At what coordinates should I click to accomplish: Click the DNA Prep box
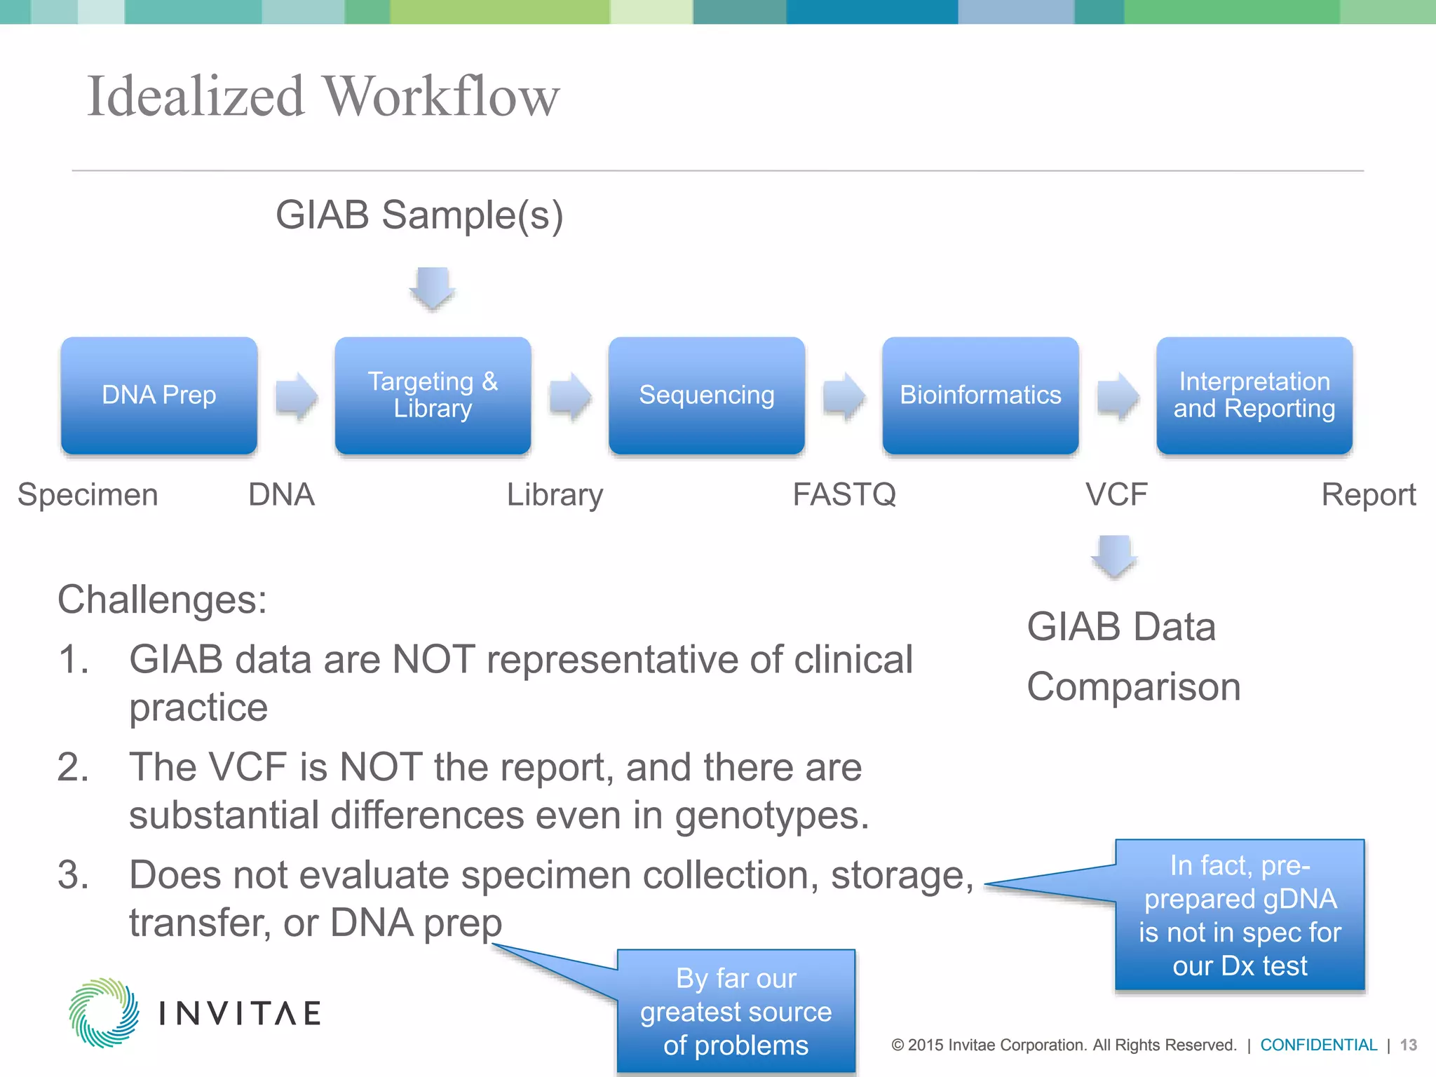click(x=159, y=395)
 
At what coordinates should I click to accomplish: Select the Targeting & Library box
click(x=433, y=395)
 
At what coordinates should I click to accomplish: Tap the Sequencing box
click(x=706, y=395)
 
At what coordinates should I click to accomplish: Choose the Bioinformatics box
click(x=980, y=395)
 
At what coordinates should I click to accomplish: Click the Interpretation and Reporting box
click(x=1254, y=395)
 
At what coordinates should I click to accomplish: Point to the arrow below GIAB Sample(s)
click(x=433, y=288)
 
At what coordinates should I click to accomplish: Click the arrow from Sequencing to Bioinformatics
click(x=844, y=396)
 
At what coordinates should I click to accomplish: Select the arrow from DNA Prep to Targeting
click(x=296, y=396)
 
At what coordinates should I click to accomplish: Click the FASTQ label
click(x=844, y=495)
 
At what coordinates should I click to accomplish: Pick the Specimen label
click(x=88, y=495)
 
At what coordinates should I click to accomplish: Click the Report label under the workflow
click(x=1368, y=495)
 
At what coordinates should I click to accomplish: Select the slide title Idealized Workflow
click(x=323, y=96)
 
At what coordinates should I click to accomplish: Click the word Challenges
click(x=162, y=600)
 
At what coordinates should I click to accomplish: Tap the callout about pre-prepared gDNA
click(x=1239, y=915)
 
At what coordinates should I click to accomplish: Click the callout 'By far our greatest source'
click(x=736, y=1011)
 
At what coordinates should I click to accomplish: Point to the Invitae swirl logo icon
click(x=104, y=1012)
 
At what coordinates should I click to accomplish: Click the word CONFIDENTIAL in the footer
click(x=1318, y=1045)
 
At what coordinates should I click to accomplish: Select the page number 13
click(x=1408, y=1045)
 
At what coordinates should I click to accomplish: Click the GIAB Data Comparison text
click(x=1133, y=656)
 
